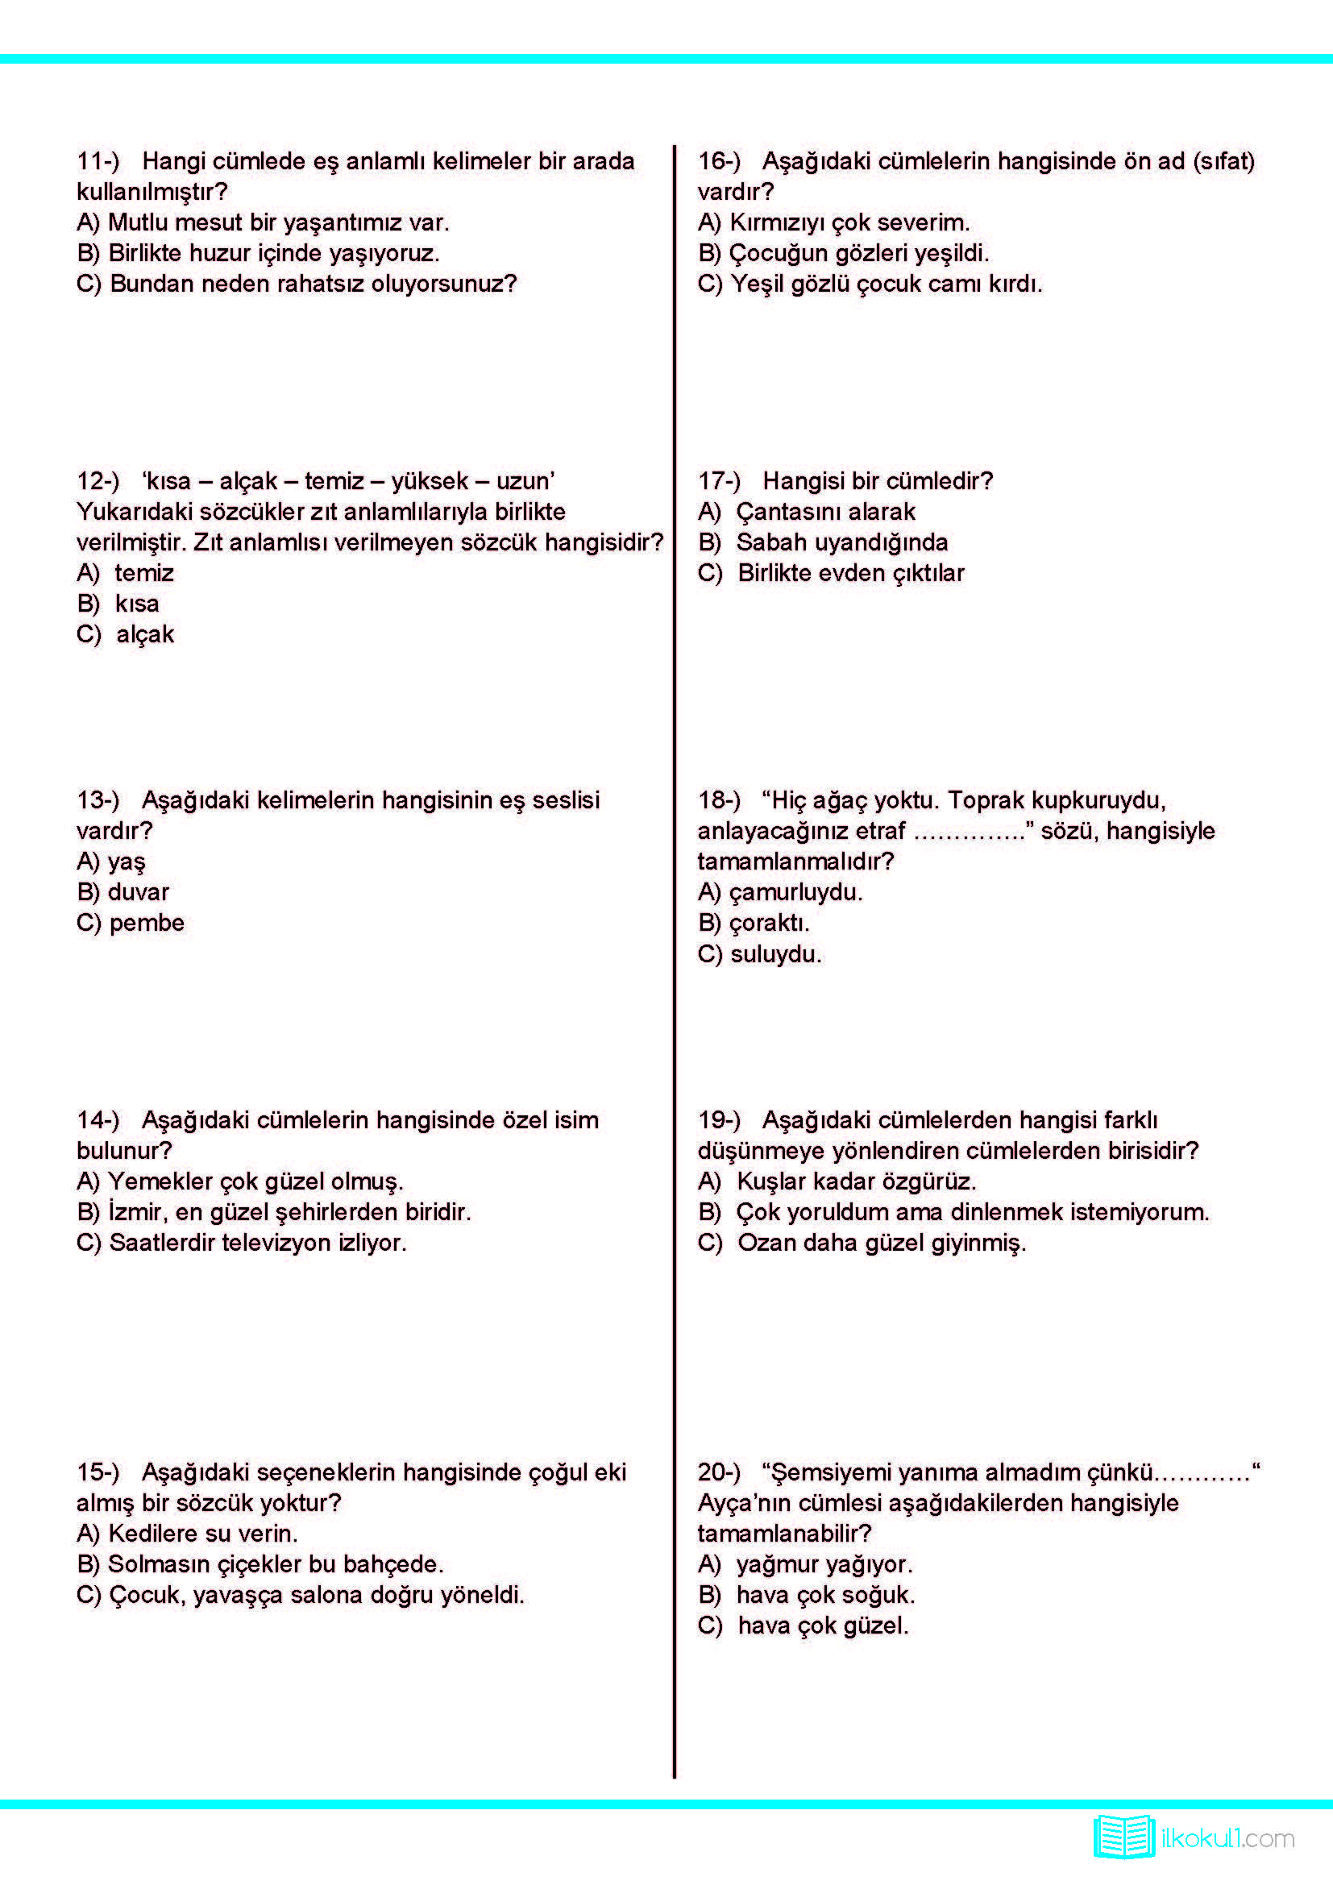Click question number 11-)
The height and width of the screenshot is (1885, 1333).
tap(98, 161)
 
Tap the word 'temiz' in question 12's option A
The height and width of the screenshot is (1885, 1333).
tap(144, 573)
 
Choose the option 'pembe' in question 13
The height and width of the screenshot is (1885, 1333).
tap(147, 923)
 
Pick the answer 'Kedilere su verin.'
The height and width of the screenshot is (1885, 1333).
tap(203, 1533)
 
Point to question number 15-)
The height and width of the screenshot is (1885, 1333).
tap(98, 1472)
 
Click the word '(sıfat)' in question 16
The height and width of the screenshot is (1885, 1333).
tap(1224, 161)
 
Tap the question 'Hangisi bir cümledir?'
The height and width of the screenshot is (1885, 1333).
tap(878, 480)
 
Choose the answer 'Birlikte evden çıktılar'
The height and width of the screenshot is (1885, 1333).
tap(850, 573)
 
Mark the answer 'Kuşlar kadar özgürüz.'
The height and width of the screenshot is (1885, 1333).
tap(856, 1181)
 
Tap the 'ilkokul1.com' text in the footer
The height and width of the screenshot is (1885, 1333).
tap(1227, 1839)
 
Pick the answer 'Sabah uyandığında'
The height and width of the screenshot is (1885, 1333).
tap(841, 542)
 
